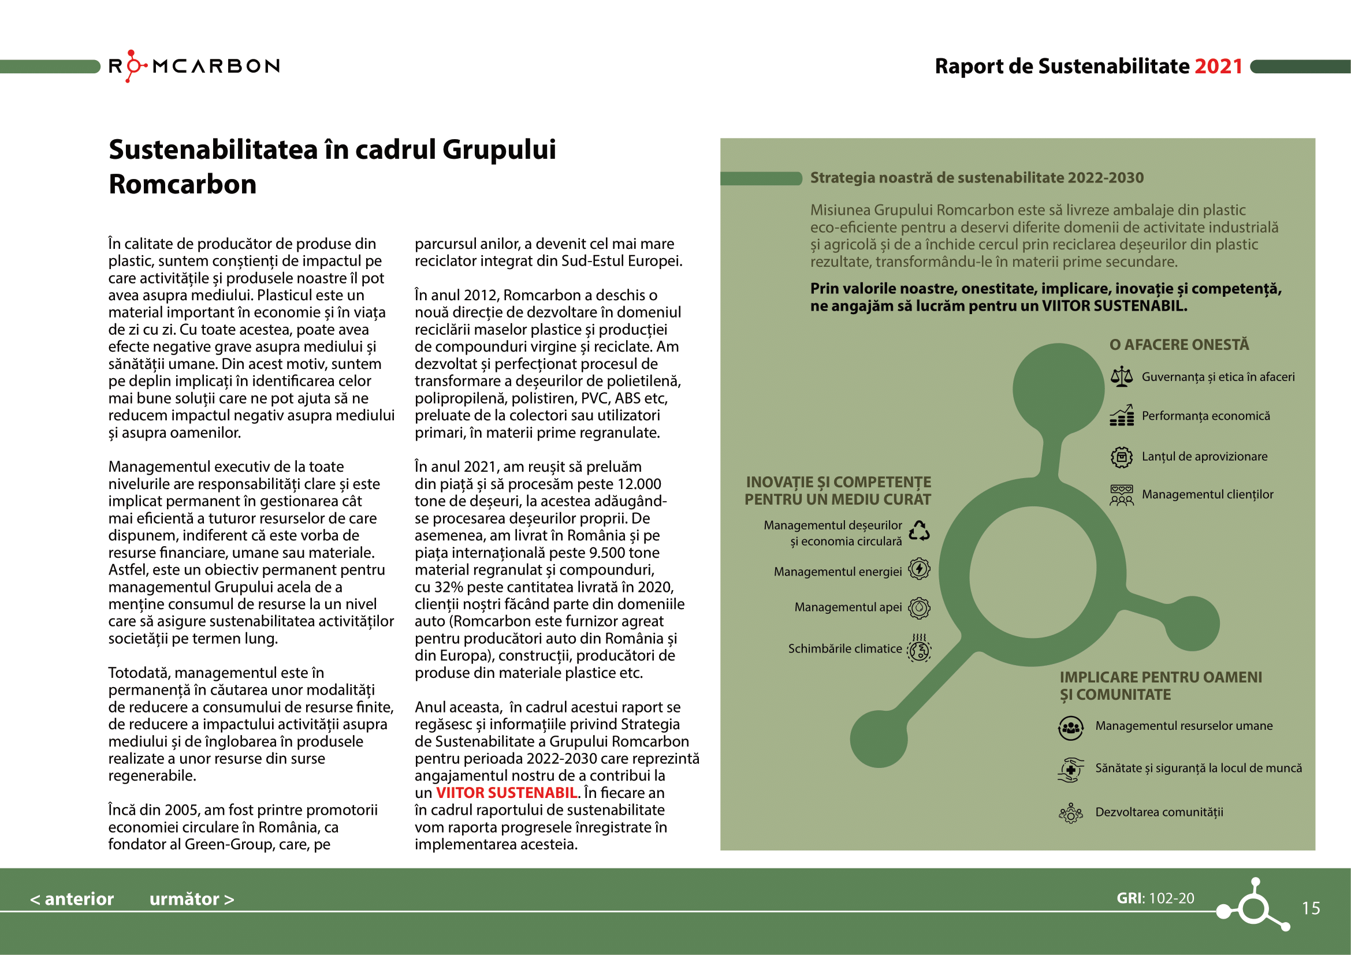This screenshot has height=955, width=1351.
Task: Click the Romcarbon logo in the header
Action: click(194, 66)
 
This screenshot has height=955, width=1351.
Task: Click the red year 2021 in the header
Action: click(1218, 66)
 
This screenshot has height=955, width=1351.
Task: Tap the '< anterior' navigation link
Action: click(72, 899)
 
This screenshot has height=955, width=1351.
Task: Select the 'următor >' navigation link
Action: click(192, 899)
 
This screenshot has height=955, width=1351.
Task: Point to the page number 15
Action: click(1311, 909)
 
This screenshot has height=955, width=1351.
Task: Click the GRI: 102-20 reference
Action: click(1155, 898)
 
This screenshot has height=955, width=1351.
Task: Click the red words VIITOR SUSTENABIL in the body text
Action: click(506, 793)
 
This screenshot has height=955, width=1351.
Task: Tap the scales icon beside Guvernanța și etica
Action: click(1122, 377)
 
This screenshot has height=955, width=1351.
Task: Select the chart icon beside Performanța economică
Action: click(1122, 415)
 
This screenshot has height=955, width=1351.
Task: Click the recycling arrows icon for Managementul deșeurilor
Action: click(919, 531)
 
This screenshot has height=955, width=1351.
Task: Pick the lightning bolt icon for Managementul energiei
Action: click(919, 569)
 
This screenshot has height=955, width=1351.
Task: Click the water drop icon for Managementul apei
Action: click(919, 607)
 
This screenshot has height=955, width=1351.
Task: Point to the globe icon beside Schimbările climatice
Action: click(919, 648)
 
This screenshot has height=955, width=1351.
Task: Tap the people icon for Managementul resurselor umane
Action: click(1071, 728)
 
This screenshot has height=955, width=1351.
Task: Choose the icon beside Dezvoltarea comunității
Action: click(1071, 814)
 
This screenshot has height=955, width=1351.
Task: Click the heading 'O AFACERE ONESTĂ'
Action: click(1179, 345)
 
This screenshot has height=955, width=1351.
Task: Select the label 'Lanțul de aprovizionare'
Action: click(1204, 456)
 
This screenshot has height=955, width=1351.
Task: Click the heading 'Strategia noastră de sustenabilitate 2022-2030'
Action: click(977, 178)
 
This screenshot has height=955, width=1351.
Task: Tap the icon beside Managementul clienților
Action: click(1122, 495)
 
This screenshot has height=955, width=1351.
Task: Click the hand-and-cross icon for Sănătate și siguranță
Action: click(1071, 769)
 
